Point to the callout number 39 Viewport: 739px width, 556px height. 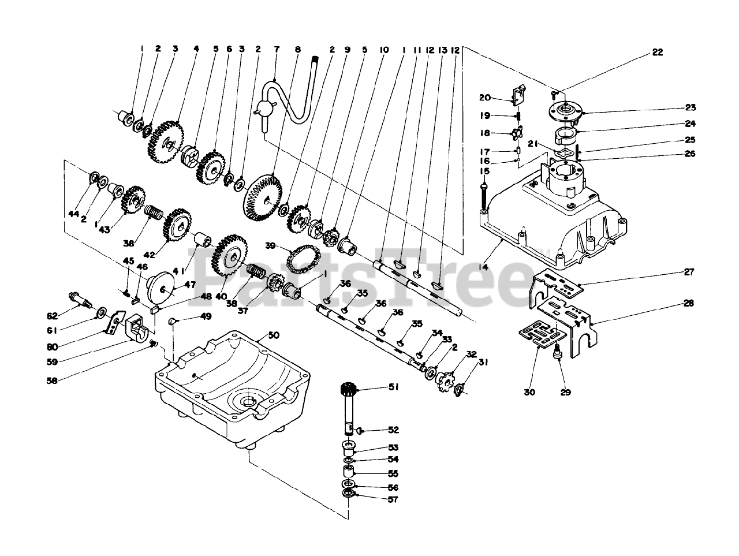click(270, 245)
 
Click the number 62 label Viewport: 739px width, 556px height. click(52, 316)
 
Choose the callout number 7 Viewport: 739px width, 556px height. click(276, 50)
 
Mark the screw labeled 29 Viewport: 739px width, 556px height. click(559, 353)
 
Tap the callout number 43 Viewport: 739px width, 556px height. click(120, 229)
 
